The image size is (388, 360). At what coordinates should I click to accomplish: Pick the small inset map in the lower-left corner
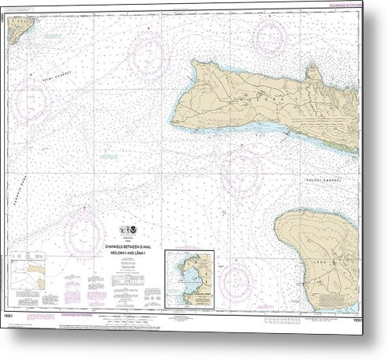click(x=32, y=272)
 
